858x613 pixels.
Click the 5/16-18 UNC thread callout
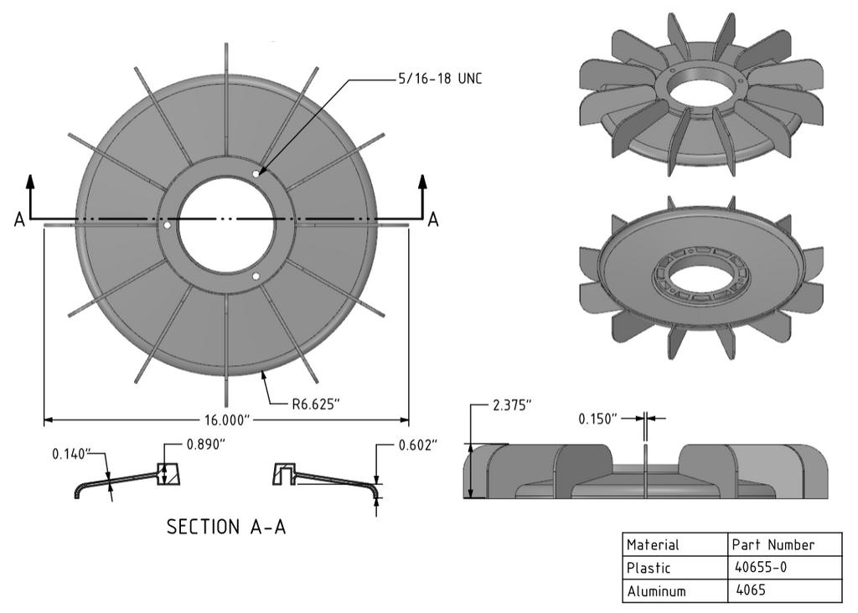(x=440, y=79)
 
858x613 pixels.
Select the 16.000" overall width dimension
(x=226, y=420)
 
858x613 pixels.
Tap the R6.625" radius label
(x=315, y=404)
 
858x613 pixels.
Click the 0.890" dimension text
(x=206, y=446)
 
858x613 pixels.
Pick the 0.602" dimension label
(x=417, y=446)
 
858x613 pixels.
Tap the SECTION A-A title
(x=226, y=527)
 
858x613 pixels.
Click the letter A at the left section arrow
(x=18, y=219)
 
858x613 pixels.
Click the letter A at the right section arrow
(x=433, y=219)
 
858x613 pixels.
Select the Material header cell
(x=654, y=544)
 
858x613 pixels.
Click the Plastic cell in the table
(x=649, y=568)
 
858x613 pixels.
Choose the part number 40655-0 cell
(x=759, y=568)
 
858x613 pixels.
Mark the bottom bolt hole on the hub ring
(x=256, y=276)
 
